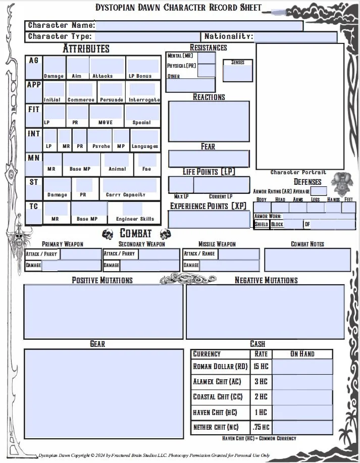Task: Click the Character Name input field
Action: pos(199,26)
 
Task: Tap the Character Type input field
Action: pos(146,37)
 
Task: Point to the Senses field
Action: pos(237,73)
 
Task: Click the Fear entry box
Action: pos(209,159)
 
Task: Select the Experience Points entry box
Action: pos(209,219)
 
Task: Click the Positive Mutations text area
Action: pos(104,312)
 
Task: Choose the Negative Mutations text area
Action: pos(265,312)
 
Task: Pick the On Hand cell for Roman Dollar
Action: pos(302,367)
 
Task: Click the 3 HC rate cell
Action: pos(261,382)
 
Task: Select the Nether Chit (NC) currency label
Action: pos(216,428)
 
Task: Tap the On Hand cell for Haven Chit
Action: pos(302,413)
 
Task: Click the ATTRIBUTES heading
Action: pos(86,49)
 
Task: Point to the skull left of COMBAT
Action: pos(107,234)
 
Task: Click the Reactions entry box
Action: pos(209,122)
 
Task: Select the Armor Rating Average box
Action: pos(318,191)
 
